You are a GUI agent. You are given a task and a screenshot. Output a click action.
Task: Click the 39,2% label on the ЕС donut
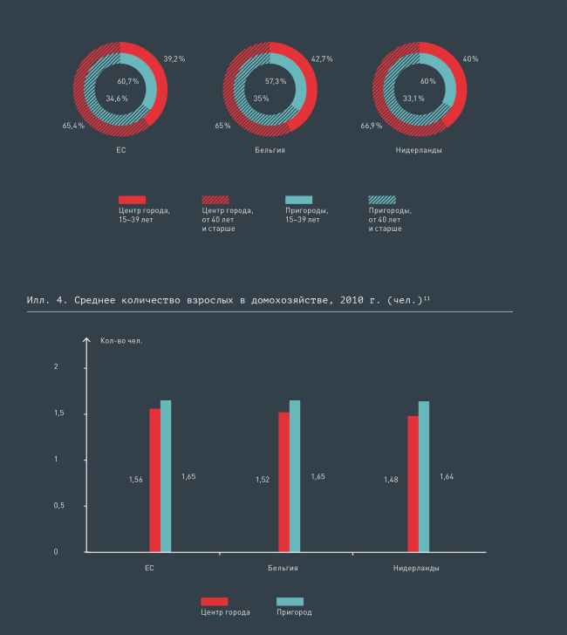coord(174,58)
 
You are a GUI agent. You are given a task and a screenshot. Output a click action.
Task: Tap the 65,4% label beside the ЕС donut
coord(72,126)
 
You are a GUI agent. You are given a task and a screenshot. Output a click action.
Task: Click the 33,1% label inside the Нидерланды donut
coord(414,99)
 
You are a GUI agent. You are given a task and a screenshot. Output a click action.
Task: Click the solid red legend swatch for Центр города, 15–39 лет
coord(132,200)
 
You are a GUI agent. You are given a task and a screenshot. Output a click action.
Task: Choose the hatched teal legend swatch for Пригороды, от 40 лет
coord(382,200)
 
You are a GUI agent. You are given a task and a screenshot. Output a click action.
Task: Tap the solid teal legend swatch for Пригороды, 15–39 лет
coord(298,200)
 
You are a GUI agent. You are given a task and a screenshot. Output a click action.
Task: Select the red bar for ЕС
coord(154,480)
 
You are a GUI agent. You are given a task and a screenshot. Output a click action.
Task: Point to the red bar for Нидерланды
coord(413,484)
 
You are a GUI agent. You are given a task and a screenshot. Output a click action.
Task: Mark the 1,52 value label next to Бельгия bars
coord(263,480)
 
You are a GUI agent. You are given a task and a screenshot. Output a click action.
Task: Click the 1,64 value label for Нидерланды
coord(447,476)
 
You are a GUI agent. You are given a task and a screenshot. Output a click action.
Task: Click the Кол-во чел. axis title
coord(121,340)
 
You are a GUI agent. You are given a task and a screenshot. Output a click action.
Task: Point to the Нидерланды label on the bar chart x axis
coord(418,568)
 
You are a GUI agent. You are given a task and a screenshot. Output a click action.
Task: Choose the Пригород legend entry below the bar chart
coord(294,612)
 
